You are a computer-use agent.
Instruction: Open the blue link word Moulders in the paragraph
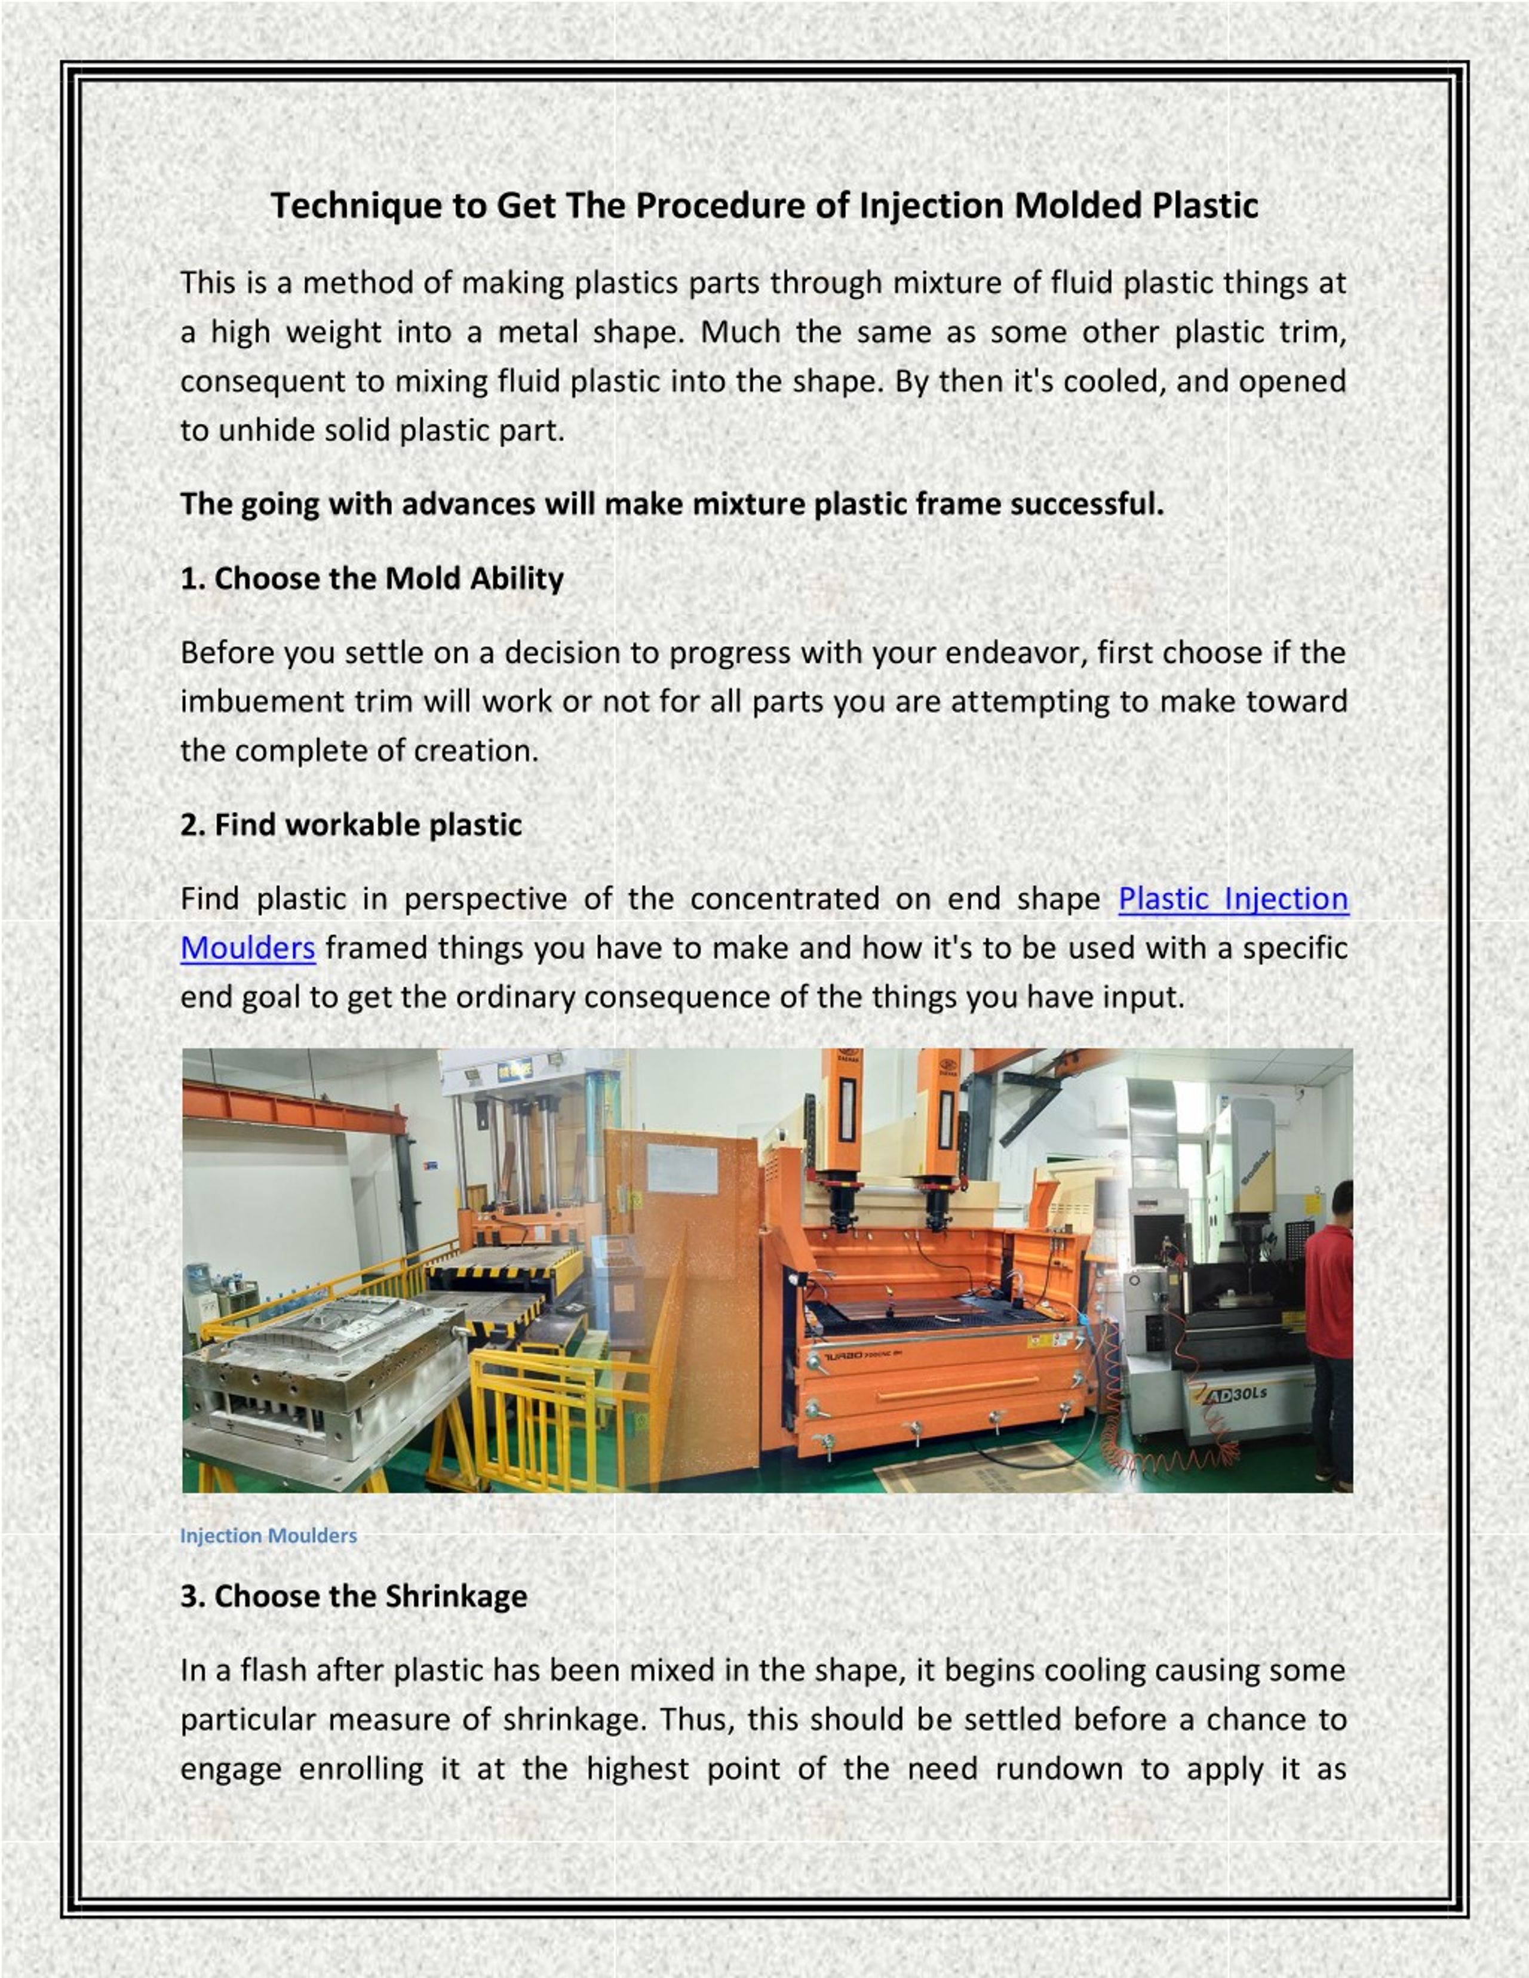coord(247,948)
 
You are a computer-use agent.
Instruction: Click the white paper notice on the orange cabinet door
coord(682,1168)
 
